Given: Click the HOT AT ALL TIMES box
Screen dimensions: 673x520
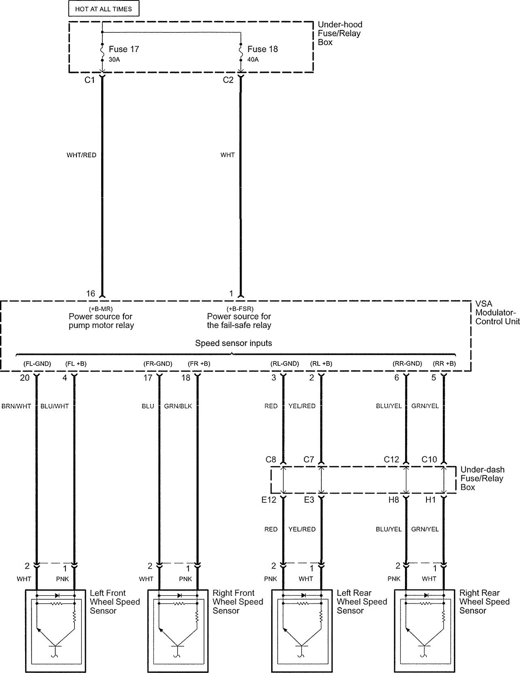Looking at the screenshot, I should pyautogui.click(x=103, y=9).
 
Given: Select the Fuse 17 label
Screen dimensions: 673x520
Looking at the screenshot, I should pyautogui.click(x=124, y=49).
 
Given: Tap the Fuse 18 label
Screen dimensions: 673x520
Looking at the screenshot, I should pyautogui.click(x=263, y=49).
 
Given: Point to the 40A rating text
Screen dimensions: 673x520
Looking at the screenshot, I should pyautogui.click(x=253, y=60).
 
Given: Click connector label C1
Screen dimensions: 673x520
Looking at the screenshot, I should pyautogui.click(x=89, y=80).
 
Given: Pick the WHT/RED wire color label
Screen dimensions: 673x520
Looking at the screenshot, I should pyautogui.click(x=81, y=155).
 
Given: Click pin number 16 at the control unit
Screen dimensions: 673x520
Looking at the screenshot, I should pyautogui.click(x=91, y=294).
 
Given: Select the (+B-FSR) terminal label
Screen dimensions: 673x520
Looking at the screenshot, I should pyautogui.click(x=240, y=309).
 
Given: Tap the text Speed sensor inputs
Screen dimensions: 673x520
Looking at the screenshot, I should pyautogui.click(x=233, y=343).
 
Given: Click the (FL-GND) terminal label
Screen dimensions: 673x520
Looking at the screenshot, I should pyautogui.click(x=37, y=364).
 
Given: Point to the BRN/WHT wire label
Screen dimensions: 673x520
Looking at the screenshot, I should pyautogui.click(x=16, y=406).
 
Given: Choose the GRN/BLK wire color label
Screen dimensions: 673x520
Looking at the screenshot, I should pyautogui.click(x=178, y=406).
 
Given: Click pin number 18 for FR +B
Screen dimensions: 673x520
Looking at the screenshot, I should pyautogui.click(x=186, y=377).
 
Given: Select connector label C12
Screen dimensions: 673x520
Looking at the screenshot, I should pyautogui.click(x=391, y=459).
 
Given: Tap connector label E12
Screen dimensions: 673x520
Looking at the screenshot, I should pyautogui.click(x=269, y=500).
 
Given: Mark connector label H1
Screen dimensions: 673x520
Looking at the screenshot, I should pyautogui.click(x=431, y=500).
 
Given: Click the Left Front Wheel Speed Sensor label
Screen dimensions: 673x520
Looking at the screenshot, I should pyautogui.click(x=115, y=602).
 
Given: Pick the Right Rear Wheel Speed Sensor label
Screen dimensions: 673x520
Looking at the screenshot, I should pyautogui.click(x=484, y=602).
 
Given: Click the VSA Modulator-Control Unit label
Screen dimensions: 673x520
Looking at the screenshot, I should pyautogui.click(x=497, y=313).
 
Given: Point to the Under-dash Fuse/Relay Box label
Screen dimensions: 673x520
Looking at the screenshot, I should pyautogui.click(x=482, y=478).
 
